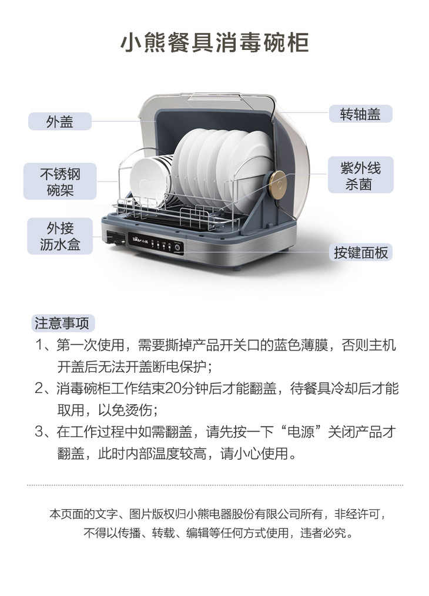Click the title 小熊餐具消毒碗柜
coord(214,42)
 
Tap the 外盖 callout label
coord(60,122)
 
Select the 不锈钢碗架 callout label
coord(60,181)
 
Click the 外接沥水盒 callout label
coord(60,236)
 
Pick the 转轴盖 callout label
coord(360,114)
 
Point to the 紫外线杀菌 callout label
coord(361,175)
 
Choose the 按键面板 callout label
coord(361,252)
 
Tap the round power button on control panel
coord(177,247)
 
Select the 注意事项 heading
coord(62,323)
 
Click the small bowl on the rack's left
coord(150,179)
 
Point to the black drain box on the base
coord(115,239)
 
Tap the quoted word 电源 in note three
coord(301,432)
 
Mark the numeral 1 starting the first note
coord(39,345)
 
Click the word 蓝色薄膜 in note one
coord(300,345)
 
